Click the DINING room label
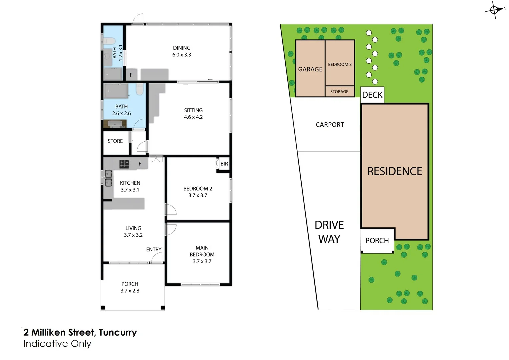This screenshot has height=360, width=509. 182,48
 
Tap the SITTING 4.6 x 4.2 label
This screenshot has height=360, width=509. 193,114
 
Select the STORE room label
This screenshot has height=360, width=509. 115,141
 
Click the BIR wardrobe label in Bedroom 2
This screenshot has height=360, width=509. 224,164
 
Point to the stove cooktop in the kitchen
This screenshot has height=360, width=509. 124,164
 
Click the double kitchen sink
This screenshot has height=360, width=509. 108,178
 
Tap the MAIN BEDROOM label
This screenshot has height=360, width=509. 202,251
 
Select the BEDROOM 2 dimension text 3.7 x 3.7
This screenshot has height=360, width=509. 198,196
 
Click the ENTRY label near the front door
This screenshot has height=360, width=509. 154,249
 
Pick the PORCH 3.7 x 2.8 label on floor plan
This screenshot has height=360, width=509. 130,287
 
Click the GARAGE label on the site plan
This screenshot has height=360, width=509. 310,69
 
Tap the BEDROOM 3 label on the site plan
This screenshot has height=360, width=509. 340,64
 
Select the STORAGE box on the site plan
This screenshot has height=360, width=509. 339,92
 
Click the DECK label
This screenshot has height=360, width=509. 372,95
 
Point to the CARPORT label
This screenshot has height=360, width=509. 330,125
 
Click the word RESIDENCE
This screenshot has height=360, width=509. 395,171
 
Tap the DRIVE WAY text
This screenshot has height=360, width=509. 329,232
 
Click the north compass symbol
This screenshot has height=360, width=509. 495,10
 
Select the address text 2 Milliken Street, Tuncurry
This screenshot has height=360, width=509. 80,332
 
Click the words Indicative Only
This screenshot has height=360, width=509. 57,344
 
